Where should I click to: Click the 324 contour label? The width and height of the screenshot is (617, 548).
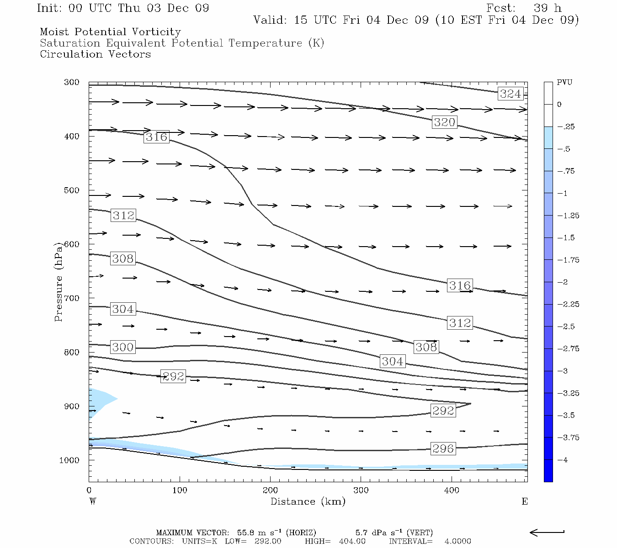[x=511, y=94]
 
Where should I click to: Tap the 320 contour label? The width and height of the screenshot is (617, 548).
[x=444, y=122]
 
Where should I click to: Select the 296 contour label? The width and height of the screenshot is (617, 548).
[x=443, y=448]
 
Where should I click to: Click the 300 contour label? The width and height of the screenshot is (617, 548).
[x=123, y=347]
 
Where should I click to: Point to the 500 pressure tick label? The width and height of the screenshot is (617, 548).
[x=72, y=190]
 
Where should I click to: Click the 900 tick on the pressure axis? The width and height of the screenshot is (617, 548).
[x=72, y=406]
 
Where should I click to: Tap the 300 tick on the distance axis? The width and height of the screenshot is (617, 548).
[x=361, y=490]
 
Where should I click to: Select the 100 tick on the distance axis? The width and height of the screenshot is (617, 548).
[x=180, y=490]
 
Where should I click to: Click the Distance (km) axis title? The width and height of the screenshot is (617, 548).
[x=308, y=501]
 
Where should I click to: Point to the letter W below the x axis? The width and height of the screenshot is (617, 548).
[x=93, y=501]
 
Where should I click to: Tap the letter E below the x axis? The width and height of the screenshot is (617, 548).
[x=524, y=501]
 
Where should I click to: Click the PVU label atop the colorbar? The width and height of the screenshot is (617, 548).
[x=564, y=83]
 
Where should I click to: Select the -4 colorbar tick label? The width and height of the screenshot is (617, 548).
[x=563, y=460]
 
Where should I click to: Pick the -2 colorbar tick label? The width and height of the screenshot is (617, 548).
[x=563, y=282]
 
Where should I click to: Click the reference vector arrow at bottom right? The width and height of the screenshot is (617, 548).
[x=547, y=532]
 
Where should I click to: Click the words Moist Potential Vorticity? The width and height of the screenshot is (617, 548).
[x=110, y=32]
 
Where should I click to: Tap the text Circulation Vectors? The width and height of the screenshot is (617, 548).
[x=95, y=54]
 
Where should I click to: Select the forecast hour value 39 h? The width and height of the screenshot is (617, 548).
[x=548, y=8]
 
